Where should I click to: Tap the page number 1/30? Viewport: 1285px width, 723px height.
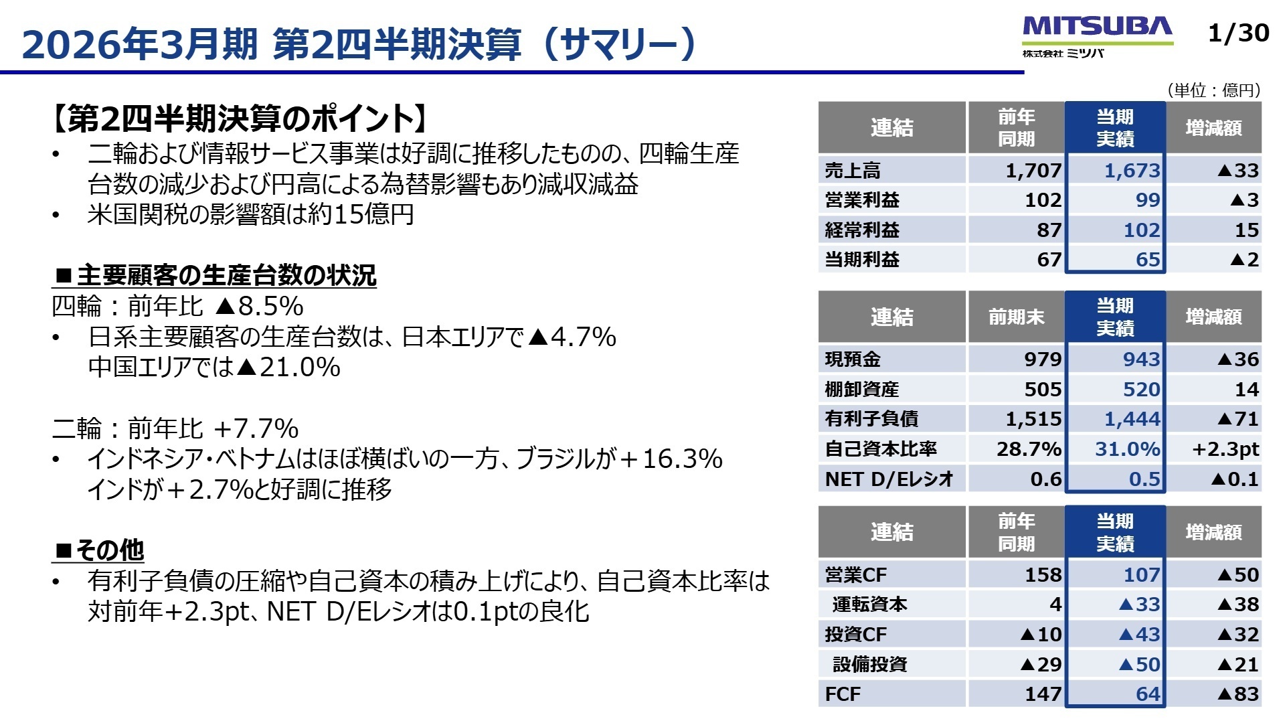click(x=1238, y=33)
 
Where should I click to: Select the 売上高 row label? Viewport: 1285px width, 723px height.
click(x=853, y=171)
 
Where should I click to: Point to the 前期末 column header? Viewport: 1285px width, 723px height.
click(x=1016, y=317)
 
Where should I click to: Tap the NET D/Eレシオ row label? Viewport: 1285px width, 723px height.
click(x=889, y=479)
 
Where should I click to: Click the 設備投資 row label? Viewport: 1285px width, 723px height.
click(x=869, y=664)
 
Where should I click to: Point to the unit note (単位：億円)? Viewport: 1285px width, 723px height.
click(x=1213, y=90)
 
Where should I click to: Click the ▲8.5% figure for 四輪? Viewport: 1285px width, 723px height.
click(x=259, y=307)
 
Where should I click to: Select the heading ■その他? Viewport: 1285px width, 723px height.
click(x=99, y=550)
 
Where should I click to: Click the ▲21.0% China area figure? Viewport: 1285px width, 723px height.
click(x=288, y=368)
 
